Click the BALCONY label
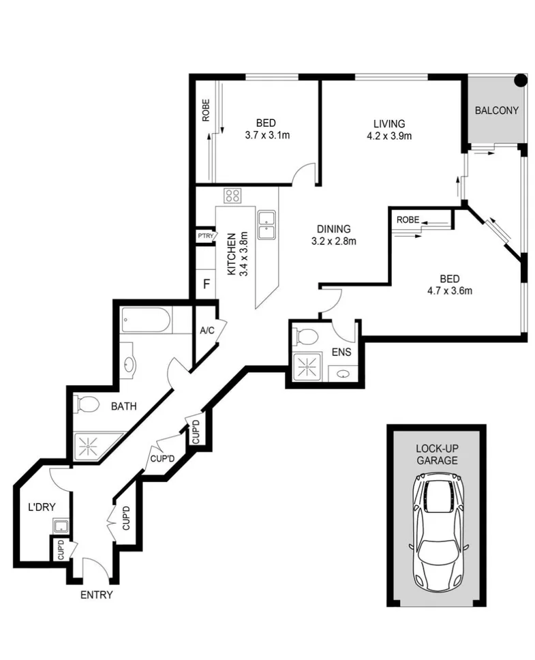coord(496,110)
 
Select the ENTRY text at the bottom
coord(96,595)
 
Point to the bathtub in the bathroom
coord(147,320)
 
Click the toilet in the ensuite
coord(307,336)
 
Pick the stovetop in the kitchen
coord(232,196)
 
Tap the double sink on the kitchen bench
coord(266,226)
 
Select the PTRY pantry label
coord(206,236)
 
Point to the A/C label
coord(207,331)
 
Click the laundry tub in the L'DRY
coord(61,526)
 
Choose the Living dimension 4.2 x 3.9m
coord(388,135)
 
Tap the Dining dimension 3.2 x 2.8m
coord(333,241)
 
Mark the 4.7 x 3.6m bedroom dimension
coord(448,290)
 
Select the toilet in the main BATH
coord(87,404)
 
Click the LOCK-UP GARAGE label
coord(436,455)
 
